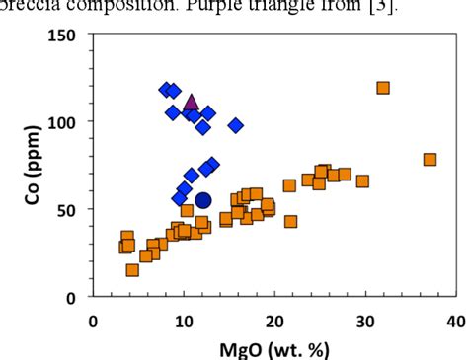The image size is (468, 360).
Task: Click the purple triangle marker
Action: point(192,103)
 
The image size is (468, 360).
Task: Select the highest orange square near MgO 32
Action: point(383,88)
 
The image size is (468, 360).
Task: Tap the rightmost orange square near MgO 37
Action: point(429,160)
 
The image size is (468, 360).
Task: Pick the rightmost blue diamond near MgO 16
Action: point(236,125)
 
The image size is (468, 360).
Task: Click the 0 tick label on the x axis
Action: point(93,321)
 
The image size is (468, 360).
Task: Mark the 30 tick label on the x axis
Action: point(365,321)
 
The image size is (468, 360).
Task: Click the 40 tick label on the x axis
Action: point(456,321)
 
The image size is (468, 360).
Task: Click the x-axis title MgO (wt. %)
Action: point(274,348)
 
